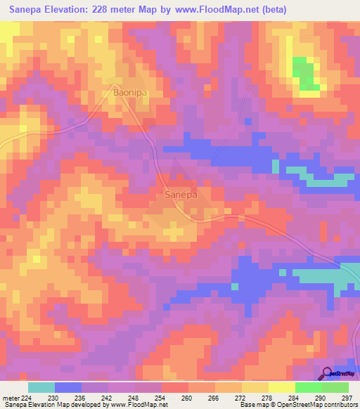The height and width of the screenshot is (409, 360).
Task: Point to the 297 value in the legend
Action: (x=347, y=397)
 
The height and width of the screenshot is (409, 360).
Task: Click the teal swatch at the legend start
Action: (x=41, y=387)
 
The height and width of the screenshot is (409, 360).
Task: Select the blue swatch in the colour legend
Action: (x=68, y=387)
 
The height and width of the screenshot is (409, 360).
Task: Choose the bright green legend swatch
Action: (x=309, y=387)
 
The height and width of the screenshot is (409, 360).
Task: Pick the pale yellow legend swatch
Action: (x=282, y=387)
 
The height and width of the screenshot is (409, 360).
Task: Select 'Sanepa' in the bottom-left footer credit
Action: (x=15, y=405)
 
